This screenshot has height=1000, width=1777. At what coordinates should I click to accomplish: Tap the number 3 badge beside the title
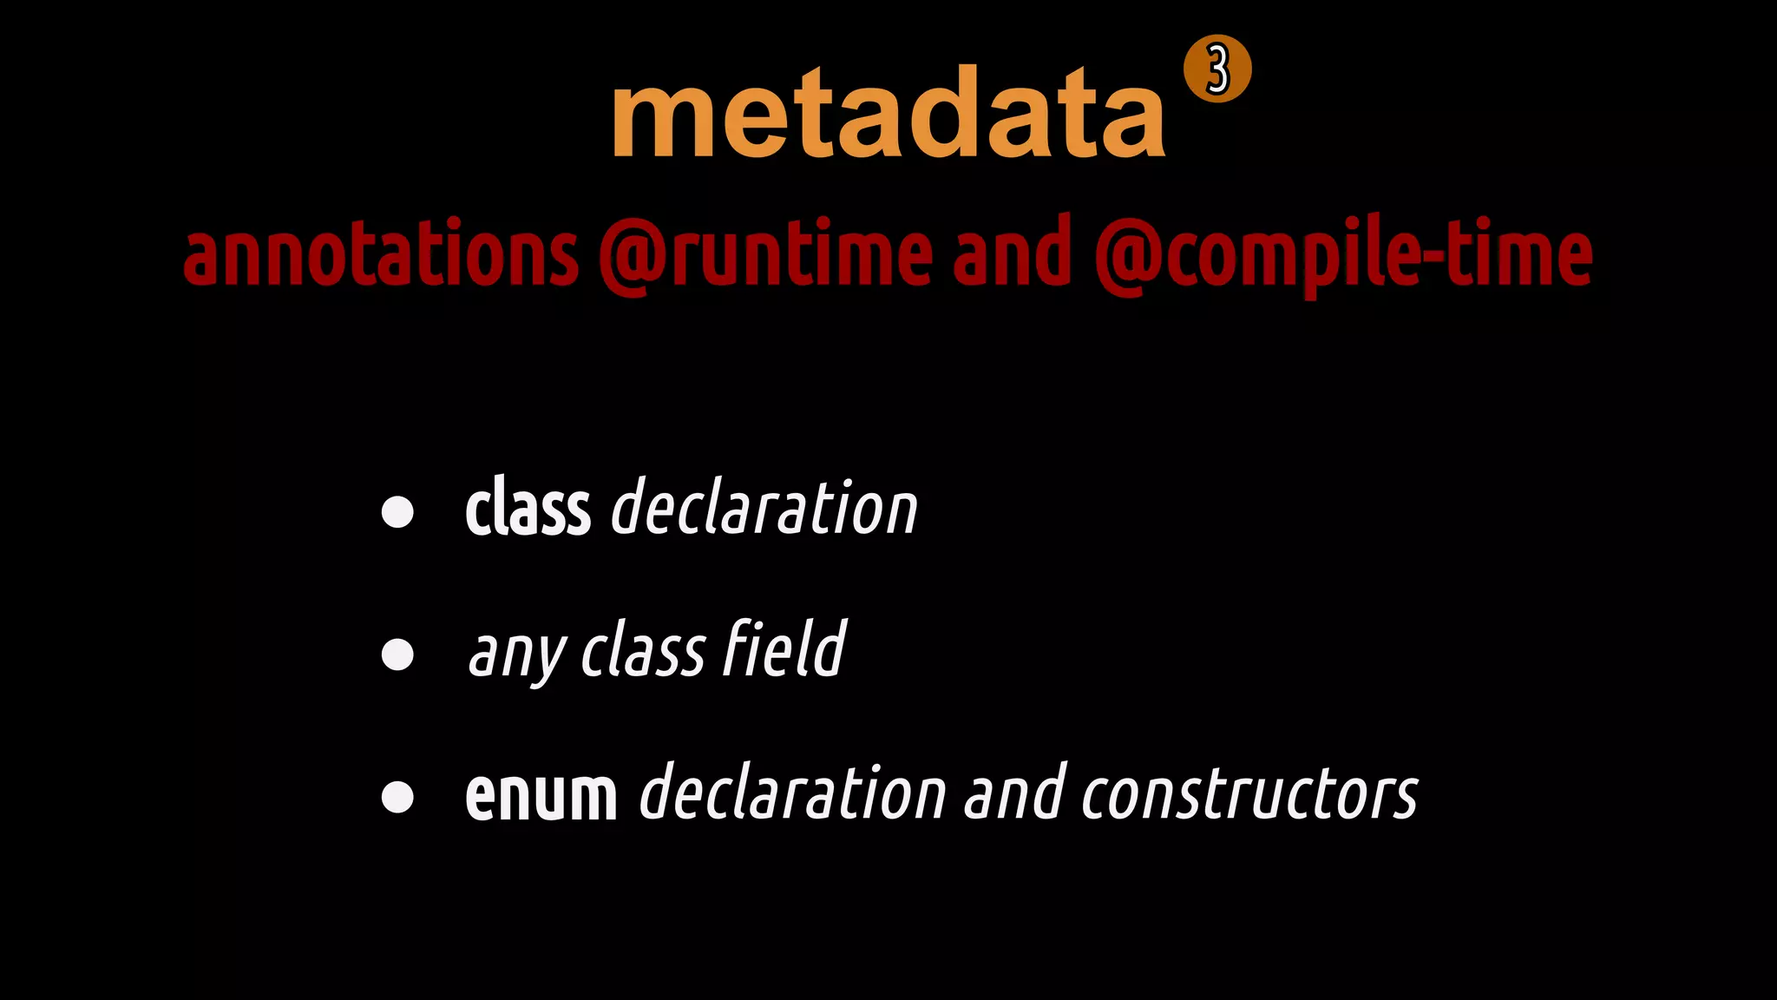click(1217, 69)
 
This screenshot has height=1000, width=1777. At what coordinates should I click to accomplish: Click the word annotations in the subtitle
click(380, 253)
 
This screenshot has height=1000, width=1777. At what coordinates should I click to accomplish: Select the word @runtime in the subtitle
click(765, 253)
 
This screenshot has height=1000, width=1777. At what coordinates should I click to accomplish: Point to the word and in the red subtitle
click(1012, 253)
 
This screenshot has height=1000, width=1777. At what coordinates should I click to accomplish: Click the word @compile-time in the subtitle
click(1343, 253)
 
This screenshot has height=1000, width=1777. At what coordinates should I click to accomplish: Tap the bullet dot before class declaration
click(397, 512)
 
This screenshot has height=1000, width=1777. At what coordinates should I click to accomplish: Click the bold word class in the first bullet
click(528, 509)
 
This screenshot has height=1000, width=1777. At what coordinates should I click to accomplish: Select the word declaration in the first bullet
click(764, 509)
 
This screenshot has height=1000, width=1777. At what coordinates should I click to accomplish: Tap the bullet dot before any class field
click(397, 655)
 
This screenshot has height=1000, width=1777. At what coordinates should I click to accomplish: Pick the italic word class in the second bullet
click(642, 651)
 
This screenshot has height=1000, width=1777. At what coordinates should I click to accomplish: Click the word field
click(784, 649)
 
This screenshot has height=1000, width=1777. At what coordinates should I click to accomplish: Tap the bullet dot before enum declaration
click(397, 797)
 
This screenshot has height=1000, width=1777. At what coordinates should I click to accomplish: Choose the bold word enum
click(541, 795)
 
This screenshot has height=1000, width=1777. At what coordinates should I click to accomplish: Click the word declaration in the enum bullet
click(792, 793)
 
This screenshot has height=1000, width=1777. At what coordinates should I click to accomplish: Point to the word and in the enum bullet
click(1013, 793)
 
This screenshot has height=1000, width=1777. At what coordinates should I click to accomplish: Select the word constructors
click(1249, 793)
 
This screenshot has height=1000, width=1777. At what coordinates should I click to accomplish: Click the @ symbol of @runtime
click(632, 255)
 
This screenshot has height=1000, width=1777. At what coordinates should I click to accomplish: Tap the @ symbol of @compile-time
click(1128, 255)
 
